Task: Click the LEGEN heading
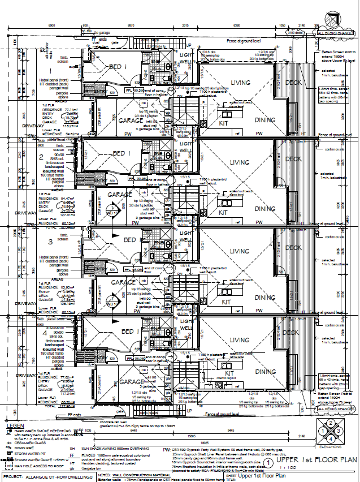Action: coord(17,425)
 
